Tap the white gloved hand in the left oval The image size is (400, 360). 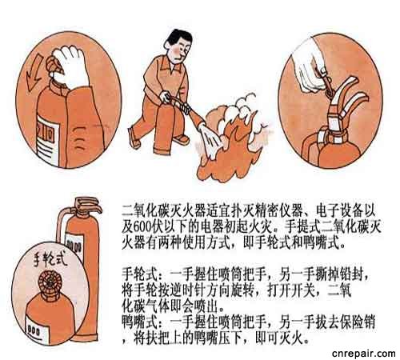70,66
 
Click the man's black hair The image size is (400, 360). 178,38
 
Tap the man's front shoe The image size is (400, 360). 134,138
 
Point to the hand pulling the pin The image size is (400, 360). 310,70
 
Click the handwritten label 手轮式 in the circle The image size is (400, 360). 50,258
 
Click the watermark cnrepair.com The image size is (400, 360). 364,354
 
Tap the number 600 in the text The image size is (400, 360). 142,227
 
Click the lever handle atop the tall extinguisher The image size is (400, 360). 88,205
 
